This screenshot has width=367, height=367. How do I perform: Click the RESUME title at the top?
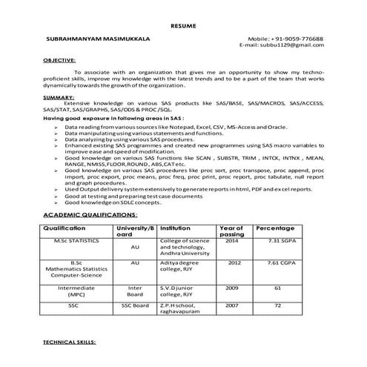tap(183, 26)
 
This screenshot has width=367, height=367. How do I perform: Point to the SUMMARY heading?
tap(58, 97)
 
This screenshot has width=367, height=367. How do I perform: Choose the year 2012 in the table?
tap(233, 262)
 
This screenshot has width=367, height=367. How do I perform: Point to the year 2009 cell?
tap(233, 287)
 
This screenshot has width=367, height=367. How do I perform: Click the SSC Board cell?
tap(135, 305)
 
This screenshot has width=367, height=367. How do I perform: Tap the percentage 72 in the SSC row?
tap(277, 305)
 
